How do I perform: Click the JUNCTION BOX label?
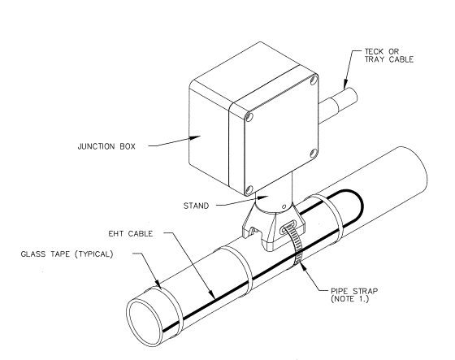pyautogui.click(x=106, y=146)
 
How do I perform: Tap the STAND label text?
pyautogui.click(x=196, y=206)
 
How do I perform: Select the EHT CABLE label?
pyautogui.click(x=131, y=234)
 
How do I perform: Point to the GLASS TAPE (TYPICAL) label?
pyautogui.click(x=67, y=254)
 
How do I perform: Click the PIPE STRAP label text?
pyautogui.click(x=354, y=291)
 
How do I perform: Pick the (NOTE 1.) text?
pyautogui.click(x=349, y=299)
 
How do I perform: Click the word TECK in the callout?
pyautogui.click(x=375, y=52)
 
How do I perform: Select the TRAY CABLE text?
pyautogui.click(x=389, y=59)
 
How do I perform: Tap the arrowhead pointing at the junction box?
pyautogui.click(x=195, y=137)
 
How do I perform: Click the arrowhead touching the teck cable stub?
pyautogui.click(x=345, y=85)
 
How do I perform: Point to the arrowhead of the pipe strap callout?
pyautogui.click(x=302, y=266)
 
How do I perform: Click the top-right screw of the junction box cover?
pyautogui.click(x=313, y=80)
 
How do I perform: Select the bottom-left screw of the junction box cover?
pyautogui.click(x=248, y=190)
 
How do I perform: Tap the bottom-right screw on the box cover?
pyautogui.click(x=314, y=153)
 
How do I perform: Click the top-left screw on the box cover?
pyautogui.click(x=249, y=117)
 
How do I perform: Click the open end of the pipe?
pyautogui.click(x=145, y=323)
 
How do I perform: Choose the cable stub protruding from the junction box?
pyautogui.click(x=338, y=106)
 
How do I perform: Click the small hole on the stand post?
pyautogui.click(x=284, y=206)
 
